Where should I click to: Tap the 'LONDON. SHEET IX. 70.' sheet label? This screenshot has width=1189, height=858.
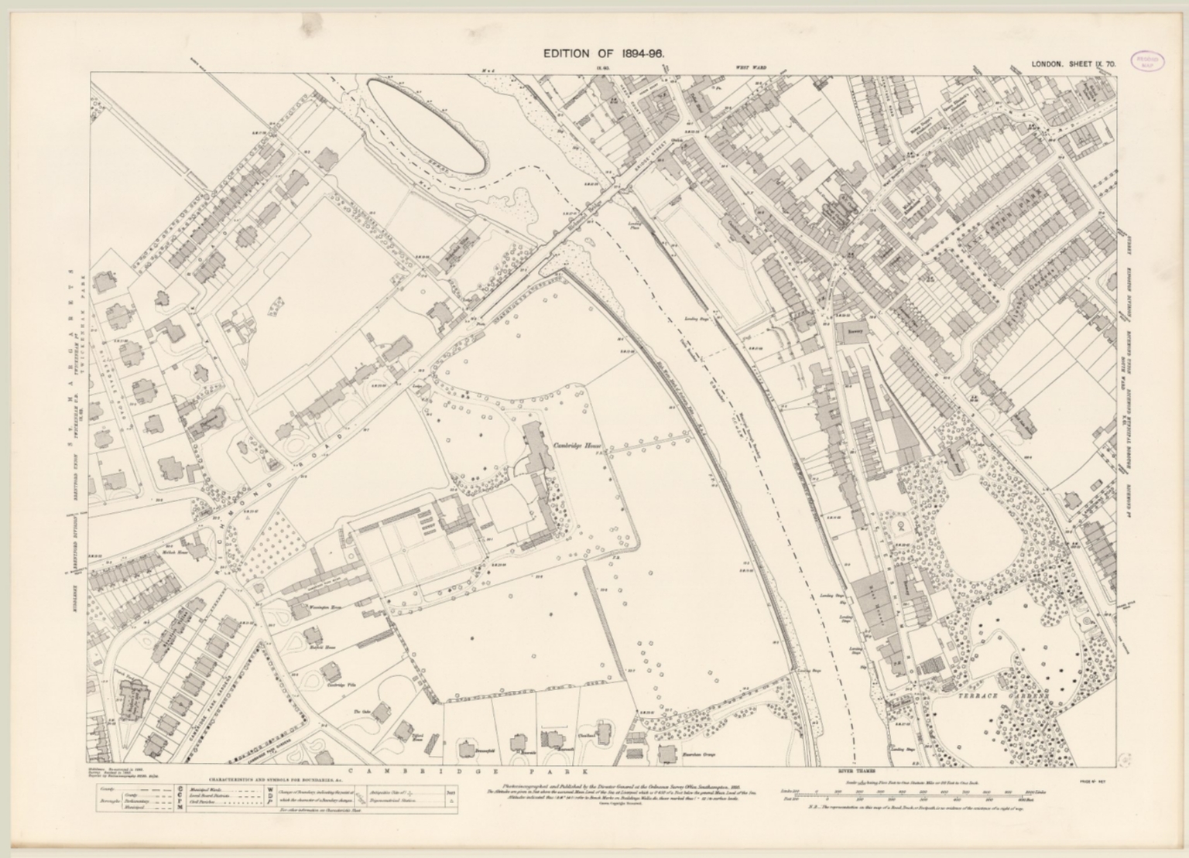click(x=1073, y=66)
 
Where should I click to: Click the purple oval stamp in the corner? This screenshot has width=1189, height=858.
click(x=1151, y=63)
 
